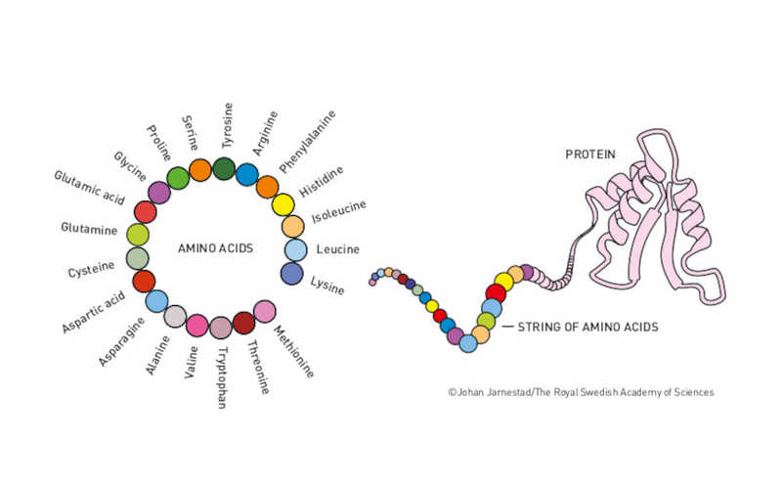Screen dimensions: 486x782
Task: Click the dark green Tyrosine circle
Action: pyautogui.click(x=224, y=168)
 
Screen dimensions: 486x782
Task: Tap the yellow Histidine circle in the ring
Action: pyautogui.click(x=282, y=204)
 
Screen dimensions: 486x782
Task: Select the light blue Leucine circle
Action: pyautogui.click(x=296, y=249)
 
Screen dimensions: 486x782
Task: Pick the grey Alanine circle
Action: pyautogui.click(x=175, y=316)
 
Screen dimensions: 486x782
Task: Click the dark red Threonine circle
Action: pyautogui.click(x=243, y=324)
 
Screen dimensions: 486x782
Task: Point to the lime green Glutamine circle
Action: pyautogui.click(x=138, y=235)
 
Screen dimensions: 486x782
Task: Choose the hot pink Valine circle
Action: pyautogui.click(x=197, y=325)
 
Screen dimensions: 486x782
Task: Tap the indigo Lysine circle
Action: pyautogui.click(x=291, y=273)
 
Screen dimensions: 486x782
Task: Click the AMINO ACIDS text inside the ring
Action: pyautogui.click(x=215, y=248)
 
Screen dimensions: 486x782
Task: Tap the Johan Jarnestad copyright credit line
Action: pyautogui.click(x=581, y=392)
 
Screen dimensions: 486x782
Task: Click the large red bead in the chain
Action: pyautogui.click(x=496, y=292)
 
